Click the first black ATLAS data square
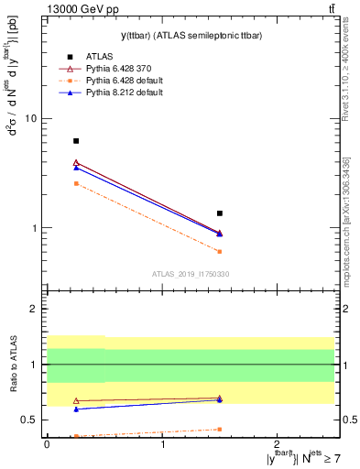pyautogui.click(x=76, y=141)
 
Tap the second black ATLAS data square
pyautogui.click(x=220, y=213)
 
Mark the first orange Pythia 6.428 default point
pyautogui.click(x=76, y=184)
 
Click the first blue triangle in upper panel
pyautogui.click(x=76, y=168)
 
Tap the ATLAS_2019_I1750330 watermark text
pyautogui.click(x=191, y=274)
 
